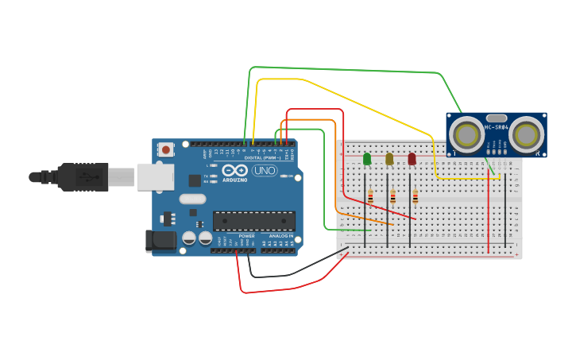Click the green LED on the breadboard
(x=367, y=159)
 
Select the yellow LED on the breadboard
(x=389, y=159)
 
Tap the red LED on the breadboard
(x=412, y=159)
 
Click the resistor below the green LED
(x=370, y=197)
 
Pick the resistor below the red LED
(x=415, y=197)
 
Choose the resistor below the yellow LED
(x=392, y=197)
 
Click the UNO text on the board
(x=263, y=170)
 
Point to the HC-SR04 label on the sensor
(x=497, y=127)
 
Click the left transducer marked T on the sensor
(x=466, y=135)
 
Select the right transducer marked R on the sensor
(x=527, y=135)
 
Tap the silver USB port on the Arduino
(x=155, y=176)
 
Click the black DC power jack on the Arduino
(x=160, y=241)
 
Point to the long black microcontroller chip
(x=253, y=221)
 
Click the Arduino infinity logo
(x=235, y=170)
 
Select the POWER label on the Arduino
(x=246, y=236)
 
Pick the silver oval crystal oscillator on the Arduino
(x=192, y=199)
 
